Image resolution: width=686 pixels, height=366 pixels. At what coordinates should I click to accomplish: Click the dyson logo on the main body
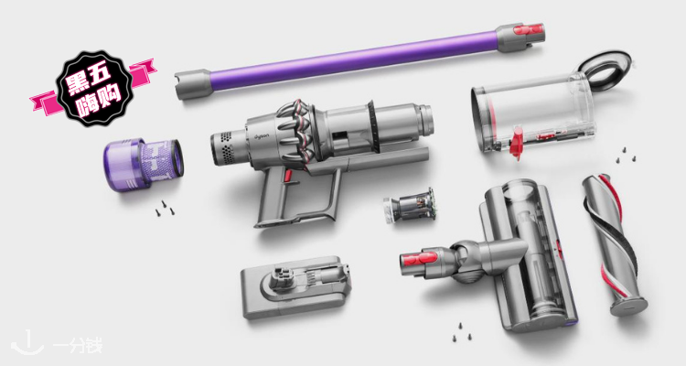[x=263, y=136]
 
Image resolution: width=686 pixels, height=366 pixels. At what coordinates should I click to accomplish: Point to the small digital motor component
[x=409, y=205]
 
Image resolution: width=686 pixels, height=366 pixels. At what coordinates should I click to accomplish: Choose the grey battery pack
[x=296, y=286]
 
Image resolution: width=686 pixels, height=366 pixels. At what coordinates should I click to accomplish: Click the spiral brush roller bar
[x=614, y=244]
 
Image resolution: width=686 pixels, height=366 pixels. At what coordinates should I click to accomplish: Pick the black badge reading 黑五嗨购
[x=94, y=89]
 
